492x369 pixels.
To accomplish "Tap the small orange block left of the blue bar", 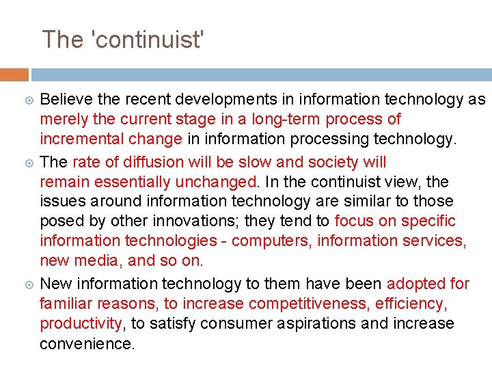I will click(x=14, y=74).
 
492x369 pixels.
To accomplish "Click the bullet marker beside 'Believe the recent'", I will click(x=28, y=100).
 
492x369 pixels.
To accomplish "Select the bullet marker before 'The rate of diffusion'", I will click(x=28, y=163).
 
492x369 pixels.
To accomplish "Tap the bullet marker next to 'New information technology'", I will click(x=28, y=284).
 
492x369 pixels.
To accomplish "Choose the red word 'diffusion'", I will click(x=163, y=162).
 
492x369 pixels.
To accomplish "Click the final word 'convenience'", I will click(x=86, y=343).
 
